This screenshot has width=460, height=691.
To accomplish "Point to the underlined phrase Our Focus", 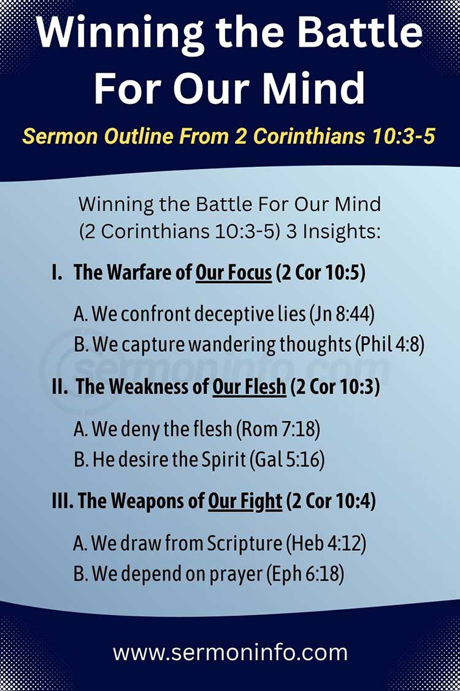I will coord(233,273).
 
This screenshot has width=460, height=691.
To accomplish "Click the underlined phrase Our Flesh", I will coord(249,387).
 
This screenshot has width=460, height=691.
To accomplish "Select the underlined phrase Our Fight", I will coord(245,501).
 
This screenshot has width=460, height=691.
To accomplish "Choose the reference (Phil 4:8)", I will coord(389,345).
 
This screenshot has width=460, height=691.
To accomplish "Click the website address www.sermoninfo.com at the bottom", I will coord(230,652).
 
